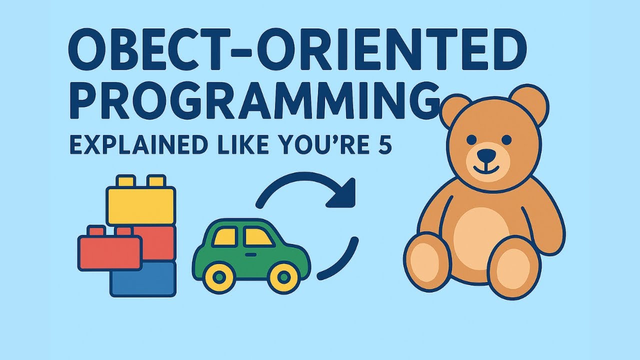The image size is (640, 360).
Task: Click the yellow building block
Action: [x=141, y=204]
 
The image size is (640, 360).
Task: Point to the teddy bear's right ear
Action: [x=529, y=105]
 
